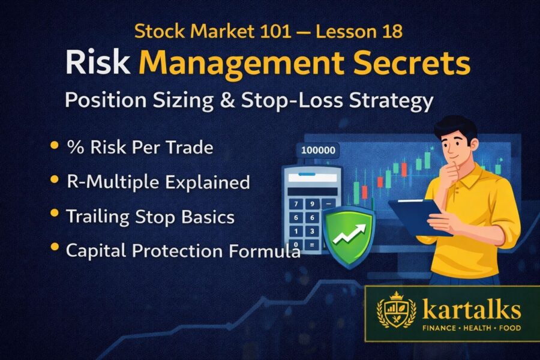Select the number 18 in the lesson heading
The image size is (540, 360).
(394, 31)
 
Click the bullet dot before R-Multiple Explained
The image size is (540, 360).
(55, 180)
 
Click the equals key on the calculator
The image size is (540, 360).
(312, 245)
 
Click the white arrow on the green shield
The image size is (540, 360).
(347, 233)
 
